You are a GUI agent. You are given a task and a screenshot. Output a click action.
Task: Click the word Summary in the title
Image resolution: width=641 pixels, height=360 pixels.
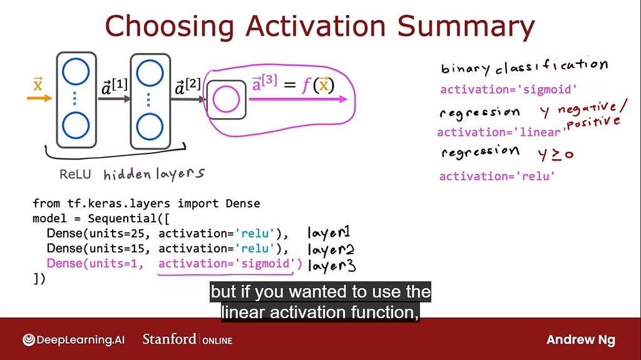pos(466,27)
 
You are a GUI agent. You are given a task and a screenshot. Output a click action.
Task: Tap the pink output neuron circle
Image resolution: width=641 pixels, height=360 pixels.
pos(226,100)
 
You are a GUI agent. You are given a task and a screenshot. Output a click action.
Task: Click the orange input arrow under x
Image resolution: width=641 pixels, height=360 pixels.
pos(39,98)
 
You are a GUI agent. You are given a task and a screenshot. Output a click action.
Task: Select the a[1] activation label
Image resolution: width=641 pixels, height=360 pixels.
pos(115,87)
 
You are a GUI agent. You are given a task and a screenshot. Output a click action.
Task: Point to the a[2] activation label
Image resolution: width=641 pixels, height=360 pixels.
pos(188,86)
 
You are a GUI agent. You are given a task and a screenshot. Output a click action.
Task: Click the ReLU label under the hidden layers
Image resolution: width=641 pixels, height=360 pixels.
pos(75,174)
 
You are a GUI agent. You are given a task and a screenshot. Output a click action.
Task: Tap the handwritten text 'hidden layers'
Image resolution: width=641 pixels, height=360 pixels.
pos(154,174)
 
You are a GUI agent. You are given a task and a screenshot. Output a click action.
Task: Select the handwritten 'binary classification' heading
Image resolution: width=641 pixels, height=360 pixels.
pos(524,67)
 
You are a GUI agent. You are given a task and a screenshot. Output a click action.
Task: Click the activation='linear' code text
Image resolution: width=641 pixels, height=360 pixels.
pos(499,132)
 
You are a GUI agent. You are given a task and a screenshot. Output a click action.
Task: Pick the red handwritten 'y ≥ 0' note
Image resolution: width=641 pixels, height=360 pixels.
pos(556,154)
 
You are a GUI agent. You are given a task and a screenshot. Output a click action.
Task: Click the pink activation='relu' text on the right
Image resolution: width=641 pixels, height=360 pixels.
pos(497,177)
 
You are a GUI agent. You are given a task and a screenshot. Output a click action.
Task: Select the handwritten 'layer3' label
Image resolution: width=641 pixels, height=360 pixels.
pos(332,266)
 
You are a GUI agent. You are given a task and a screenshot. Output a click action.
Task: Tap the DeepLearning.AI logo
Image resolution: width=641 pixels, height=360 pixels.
pos(73,340)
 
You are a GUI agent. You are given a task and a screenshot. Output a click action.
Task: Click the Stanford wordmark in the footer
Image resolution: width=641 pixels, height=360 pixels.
pos(169,339)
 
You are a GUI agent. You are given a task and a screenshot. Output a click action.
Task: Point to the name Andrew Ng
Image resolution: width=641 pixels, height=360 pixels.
pos(580,340)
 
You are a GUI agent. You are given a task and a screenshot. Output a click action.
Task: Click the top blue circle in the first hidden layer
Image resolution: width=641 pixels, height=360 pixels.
pos(76,71)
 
